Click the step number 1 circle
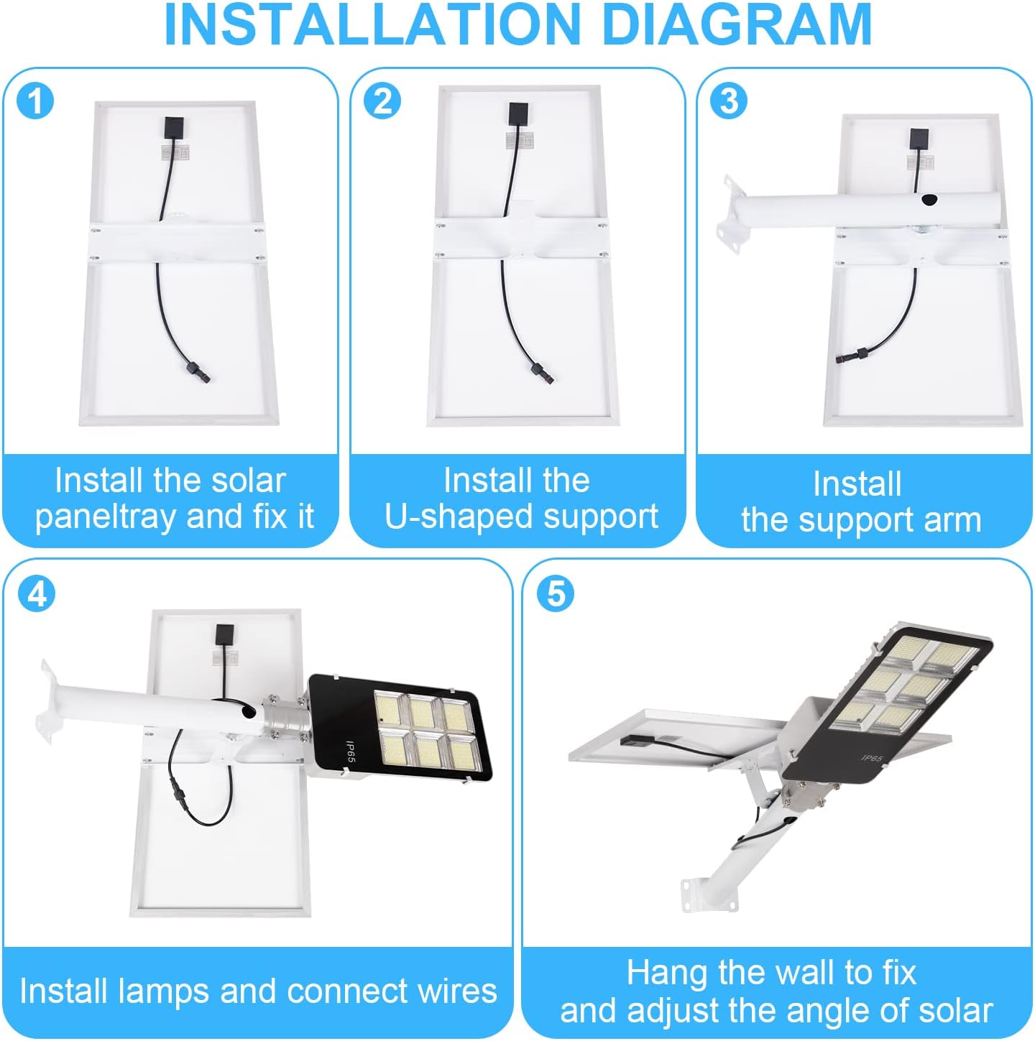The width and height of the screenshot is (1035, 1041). pyautogui.click(x=34, y=101)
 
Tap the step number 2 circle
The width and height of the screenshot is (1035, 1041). pyautogui.click(x=382, y=101)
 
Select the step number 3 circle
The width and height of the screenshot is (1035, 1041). pyautogui.click(x=728, y=101)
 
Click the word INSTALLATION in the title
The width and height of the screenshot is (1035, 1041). pyautogui.click(x=372, y=24)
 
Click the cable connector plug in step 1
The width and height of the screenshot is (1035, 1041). pyautogui.click(x=193, y=370)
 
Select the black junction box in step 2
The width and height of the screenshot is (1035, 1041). pyautogui.click(x=519, y=115)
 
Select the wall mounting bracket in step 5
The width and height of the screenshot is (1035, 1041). pyautogui.click(x=694, y=892)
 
